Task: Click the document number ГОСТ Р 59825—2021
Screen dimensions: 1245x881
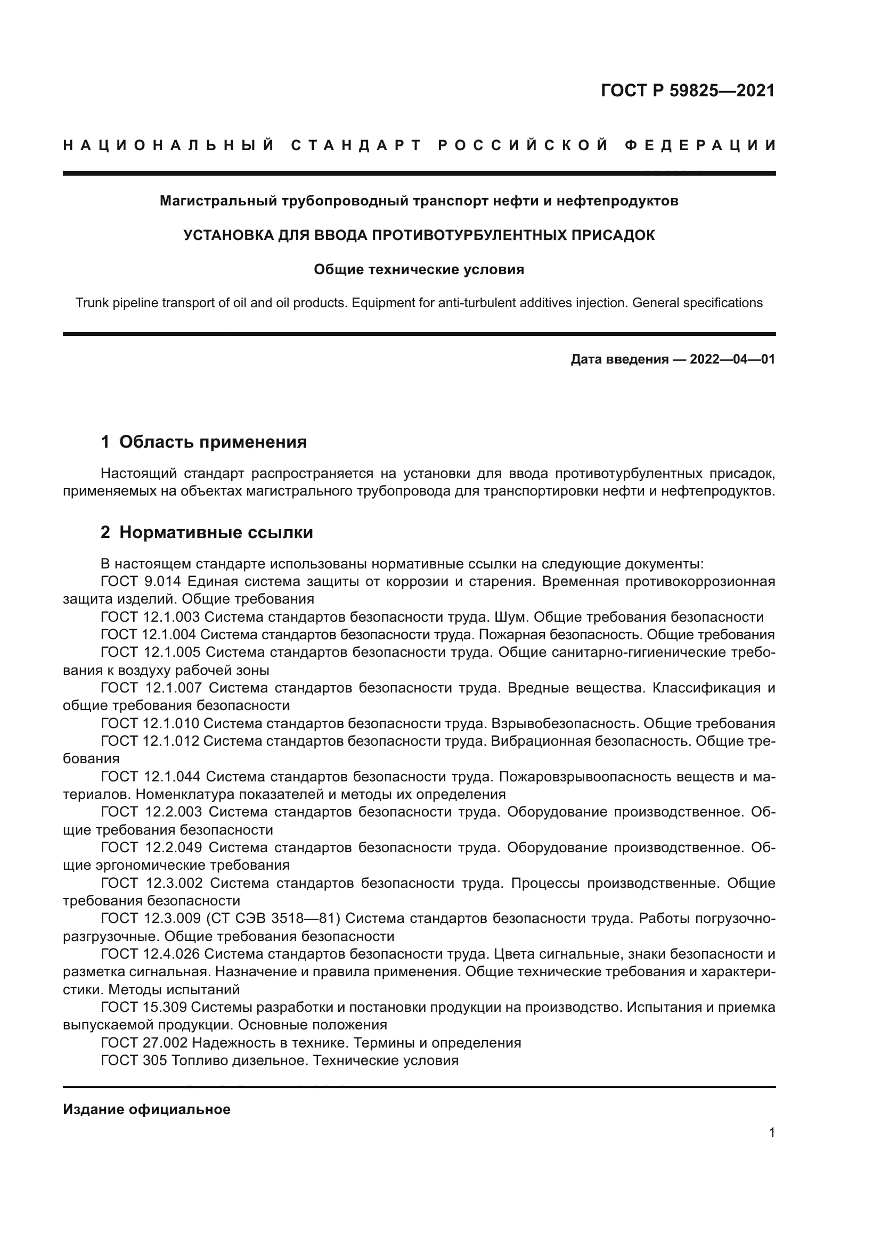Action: click(687, 90)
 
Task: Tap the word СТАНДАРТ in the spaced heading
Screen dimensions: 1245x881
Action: click(356, 145)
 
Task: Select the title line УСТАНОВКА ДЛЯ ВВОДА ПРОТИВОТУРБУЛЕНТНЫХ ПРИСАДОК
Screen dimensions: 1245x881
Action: click(419, 235)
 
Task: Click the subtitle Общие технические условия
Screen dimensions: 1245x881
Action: click(419, 269)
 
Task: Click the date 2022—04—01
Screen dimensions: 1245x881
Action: click(732, 359)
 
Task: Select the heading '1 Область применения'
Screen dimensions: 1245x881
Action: click(203, 442)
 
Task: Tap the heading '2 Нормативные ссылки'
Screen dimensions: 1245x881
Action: click(207, 532)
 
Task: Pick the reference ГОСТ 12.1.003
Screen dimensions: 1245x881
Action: click(150, 617)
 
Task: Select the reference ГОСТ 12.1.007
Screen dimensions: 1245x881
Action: click(151, 688)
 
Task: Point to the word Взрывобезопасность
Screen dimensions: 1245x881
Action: click(558, 723)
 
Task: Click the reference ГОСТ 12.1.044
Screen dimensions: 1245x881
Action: click(150, 777)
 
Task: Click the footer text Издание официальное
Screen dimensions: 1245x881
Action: click(146, 1109)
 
